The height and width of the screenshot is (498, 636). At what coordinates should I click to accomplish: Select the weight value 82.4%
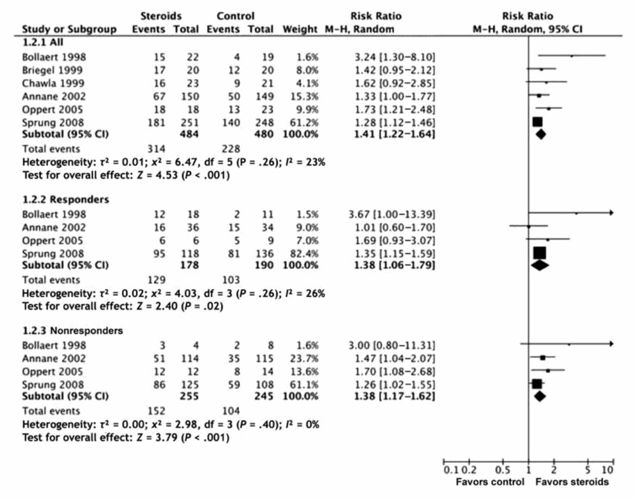[306, 253]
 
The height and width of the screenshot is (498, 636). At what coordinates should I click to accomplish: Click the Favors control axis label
[490, 482]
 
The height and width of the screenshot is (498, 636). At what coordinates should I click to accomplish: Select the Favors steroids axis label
[572, 482]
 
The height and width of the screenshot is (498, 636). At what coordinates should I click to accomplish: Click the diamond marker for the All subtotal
[540, 134]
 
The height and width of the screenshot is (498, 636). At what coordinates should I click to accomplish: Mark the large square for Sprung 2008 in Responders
[539, 253]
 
